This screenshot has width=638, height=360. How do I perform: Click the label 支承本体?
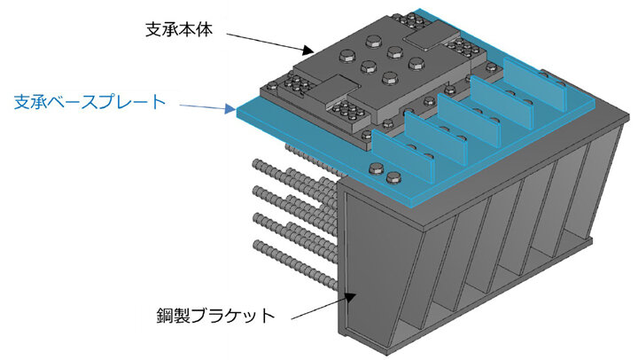click(x=179, y=30)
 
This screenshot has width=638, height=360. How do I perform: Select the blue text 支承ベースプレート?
click(x=89, y=102)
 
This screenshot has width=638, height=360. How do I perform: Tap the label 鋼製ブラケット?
click(x=216, y=315)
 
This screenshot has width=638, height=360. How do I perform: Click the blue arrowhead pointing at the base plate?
click(x=230, y=109)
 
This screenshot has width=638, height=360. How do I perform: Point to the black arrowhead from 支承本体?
click(x=309, y=51)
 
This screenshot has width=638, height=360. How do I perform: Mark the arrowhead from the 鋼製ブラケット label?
click(x=350, y=296)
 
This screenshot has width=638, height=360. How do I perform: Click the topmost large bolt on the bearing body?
click(x=374, y=41)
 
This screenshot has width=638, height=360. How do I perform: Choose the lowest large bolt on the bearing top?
click(x=390, y=78)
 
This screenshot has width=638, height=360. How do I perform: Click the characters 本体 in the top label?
click(x=196, y=30)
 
